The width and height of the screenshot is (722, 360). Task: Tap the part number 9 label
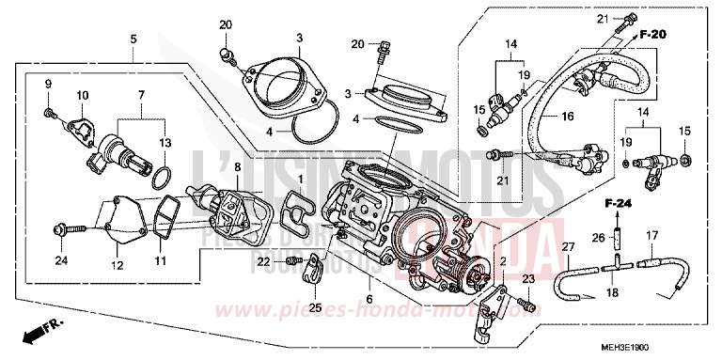click(x=47, y=87)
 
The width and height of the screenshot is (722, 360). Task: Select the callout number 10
click(x=83, y=96)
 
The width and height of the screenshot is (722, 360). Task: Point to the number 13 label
click(x=165, y=141)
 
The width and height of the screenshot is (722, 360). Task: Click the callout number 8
click(x=238, y=166)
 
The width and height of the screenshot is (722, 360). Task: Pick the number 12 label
click(x=118, y=264)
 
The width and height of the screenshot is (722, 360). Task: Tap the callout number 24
click(x=62, y=260)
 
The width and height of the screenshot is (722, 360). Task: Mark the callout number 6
click(x=369, y=300)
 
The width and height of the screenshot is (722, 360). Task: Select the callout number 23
click(x=527, y=278)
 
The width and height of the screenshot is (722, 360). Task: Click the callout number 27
click(x=567, y=246)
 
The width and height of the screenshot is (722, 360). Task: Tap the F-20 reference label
click(x=653, y=34)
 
